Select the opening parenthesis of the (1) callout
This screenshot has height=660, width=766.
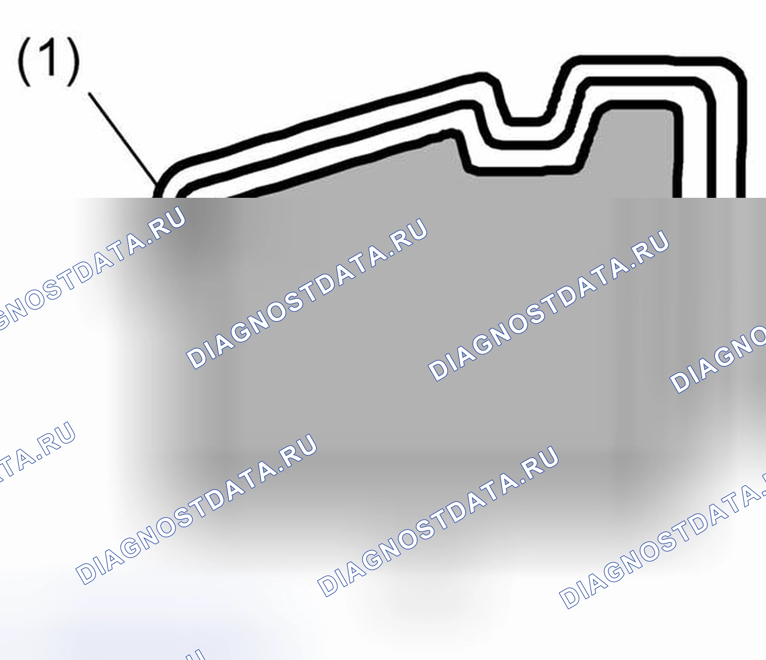[24, 62]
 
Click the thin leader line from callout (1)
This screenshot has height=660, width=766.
[123, 137]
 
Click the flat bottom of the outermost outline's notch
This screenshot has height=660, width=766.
[525, 121]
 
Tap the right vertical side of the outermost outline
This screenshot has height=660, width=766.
[741, 139]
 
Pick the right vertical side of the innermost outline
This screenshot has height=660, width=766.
[677, 155]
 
